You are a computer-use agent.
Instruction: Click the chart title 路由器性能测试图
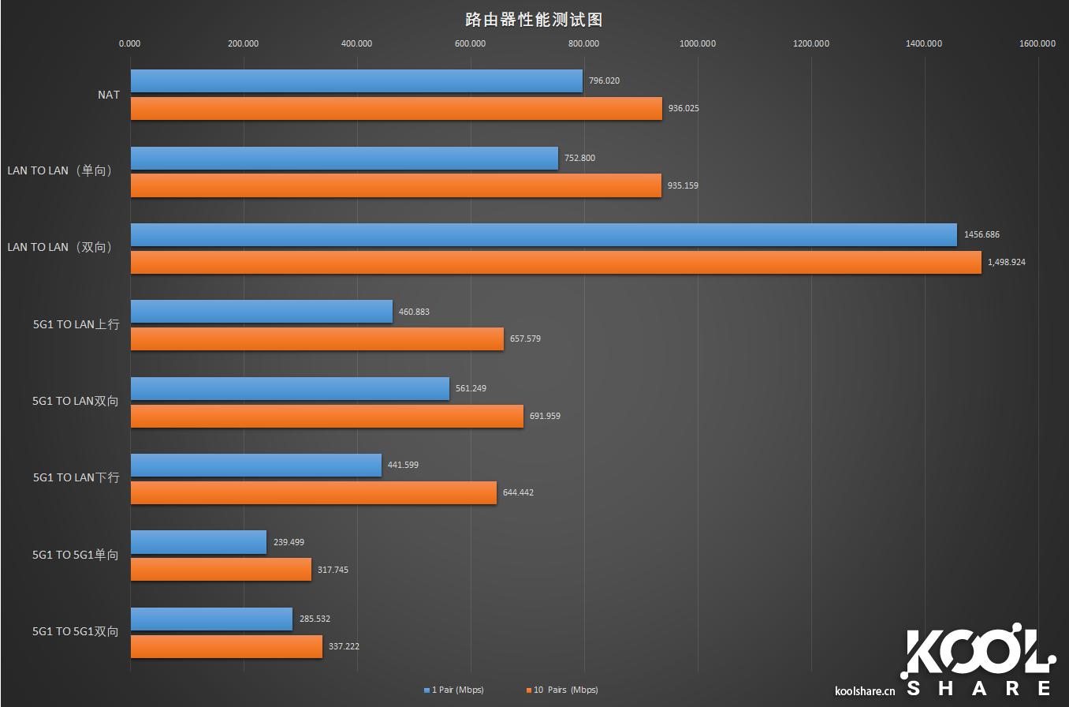pos(534,20)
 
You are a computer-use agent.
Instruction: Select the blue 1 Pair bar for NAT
pos(356,81)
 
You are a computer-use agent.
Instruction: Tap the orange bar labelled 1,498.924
pos(556,262)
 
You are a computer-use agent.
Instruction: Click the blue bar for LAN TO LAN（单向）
pos(344,158)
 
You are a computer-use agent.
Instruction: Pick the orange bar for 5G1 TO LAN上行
pos(317,339)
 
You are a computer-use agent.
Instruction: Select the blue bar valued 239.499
pos(199,542)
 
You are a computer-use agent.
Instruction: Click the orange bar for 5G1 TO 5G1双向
pos(226,646)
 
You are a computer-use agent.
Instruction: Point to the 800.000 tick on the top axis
pos(583,43)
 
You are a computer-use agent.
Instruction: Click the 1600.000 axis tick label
pos(1037,43)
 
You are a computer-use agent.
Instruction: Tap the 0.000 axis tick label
pos(130,43)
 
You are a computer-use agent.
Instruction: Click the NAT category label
pos(109,95)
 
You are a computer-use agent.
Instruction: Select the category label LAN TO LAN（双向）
pos(60,247)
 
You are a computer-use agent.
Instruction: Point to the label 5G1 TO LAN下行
pos(76,477)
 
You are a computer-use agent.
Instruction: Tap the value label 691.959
pos(545,416)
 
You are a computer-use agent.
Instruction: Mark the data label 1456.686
pos(981,234)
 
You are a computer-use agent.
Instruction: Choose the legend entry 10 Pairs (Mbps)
pos(561,690)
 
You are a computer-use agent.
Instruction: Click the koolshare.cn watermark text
pos(865,692)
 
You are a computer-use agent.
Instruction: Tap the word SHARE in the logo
pos(979,688)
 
